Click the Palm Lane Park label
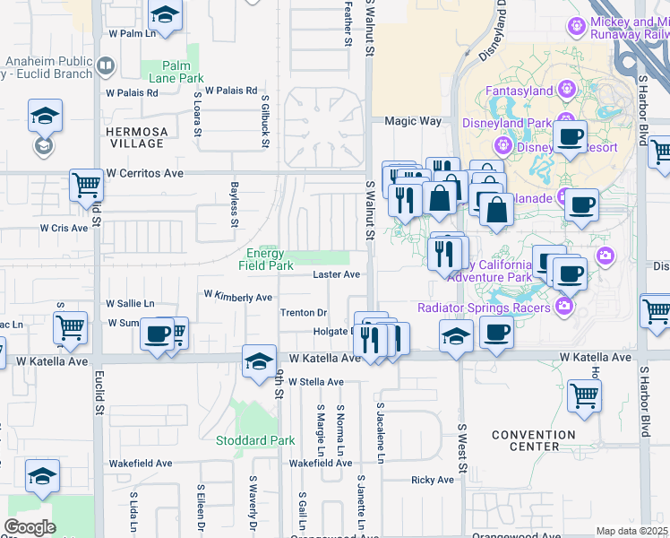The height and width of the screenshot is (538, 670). click(x=183, y=72)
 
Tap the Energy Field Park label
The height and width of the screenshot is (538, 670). click(x=266, y=259)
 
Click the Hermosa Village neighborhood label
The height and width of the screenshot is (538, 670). click(x=135, y=137)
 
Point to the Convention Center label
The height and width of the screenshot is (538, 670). click(x=533, y=440)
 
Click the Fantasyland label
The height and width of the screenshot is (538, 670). click(x=519, y=91)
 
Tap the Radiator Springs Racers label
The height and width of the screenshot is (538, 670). click(x=485, y=308)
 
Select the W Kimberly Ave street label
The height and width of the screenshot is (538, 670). click(x=237, y=296)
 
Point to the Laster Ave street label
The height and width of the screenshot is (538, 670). click(x=336, y=274)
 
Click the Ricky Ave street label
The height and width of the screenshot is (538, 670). click(x=433, y=480)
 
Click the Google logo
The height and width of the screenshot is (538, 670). click(x=30, y=527)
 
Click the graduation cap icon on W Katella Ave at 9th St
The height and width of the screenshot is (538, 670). click(x=259, y=360)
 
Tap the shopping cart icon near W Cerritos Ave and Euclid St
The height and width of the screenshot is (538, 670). click(x=87, y=186)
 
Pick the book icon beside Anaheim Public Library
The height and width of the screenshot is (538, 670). click(x=106, y=66)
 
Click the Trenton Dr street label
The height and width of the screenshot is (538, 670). click(x=304, y=313)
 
